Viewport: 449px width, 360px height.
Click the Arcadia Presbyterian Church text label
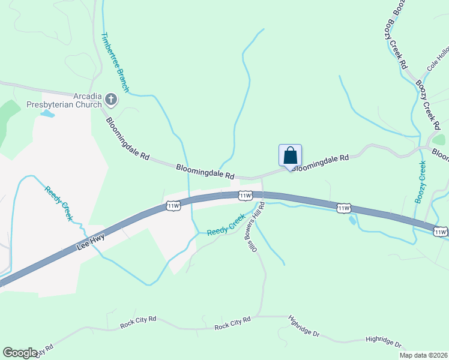pos(65,100)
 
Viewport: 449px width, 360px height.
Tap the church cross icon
pos(111,99)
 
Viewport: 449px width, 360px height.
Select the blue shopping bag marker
pos(290,155)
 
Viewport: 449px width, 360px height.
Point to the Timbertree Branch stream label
pos(116,62)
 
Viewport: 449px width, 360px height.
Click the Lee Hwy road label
pos(91,242)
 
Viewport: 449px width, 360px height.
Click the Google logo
pos(20,353)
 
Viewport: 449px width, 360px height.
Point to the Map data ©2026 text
pos(423,355)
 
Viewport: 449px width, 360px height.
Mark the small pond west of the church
pos(47,113)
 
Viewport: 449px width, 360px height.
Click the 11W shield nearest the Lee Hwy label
pos(173,206)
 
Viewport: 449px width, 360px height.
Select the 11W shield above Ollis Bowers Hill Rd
pos(244,196)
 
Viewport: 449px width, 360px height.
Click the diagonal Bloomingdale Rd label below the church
pos(127,138)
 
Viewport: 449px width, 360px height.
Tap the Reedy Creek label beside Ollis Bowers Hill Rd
pos(226,225)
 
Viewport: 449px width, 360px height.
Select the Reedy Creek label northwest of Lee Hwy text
pos(59,203)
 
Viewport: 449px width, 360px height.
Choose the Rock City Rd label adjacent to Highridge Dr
pos(232,325)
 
